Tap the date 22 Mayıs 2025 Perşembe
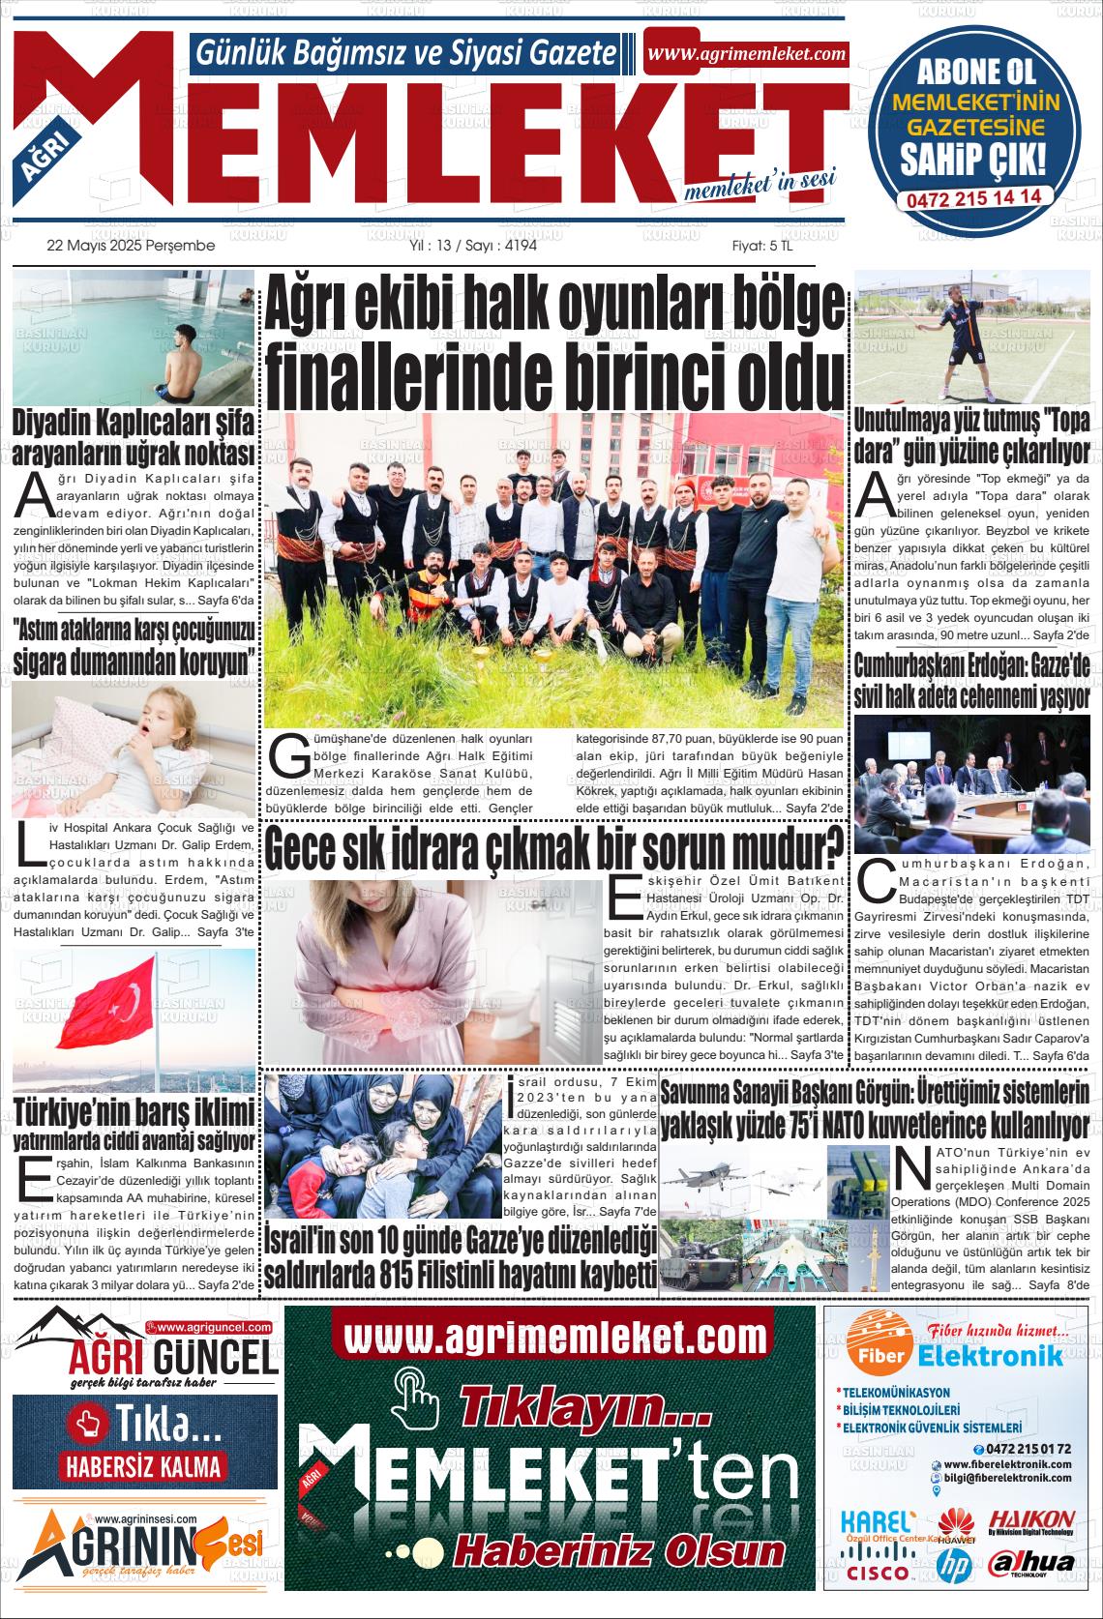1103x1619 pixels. (131, 246)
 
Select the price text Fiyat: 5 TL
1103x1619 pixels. (761, 246)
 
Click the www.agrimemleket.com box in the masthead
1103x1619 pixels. (746, 54)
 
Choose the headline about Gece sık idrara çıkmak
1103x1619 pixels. (554, 848)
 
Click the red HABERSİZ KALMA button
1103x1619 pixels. (143, 1465)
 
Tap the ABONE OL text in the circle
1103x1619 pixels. (975, 71)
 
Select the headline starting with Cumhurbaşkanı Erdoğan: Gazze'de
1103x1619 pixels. (971, 680)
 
